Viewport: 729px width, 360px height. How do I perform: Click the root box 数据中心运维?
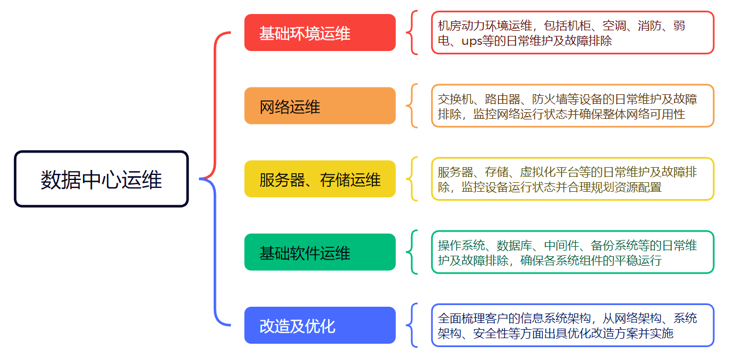(x=101, y=179)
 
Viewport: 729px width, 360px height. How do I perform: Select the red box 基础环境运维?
(x=320, y=33)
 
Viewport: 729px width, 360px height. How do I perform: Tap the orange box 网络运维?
(x=320, y=106)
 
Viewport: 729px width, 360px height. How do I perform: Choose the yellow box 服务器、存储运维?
(x=320, y=179)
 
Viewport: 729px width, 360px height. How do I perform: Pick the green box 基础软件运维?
(x=320, y=252)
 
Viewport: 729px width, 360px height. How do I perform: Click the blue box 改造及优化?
(x=320, y=325)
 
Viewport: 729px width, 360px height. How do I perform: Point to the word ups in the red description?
(x=472, y=41)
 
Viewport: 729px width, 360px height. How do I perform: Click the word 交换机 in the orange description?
(x=455, y=99)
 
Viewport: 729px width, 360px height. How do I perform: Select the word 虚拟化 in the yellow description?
(x=538, y=172)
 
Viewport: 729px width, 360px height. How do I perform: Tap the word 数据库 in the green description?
(x=514, y=245)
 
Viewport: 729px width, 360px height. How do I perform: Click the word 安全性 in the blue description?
(x=491, y=333)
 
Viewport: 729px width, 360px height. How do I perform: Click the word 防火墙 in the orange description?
(x=550, y=99)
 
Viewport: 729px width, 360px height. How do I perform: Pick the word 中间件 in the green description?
(x=561, y=245)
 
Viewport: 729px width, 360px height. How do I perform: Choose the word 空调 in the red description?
(x=614, y=26)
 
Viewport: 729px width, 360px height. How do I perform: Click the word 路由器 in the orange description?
(x=502, y=99)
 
